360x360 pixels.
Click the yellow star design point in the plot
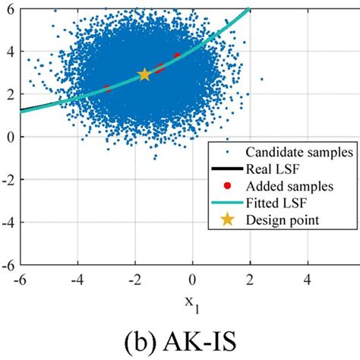(x=144, y=74)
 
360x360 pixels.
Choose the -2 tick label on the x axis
(x=134, y=279)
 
